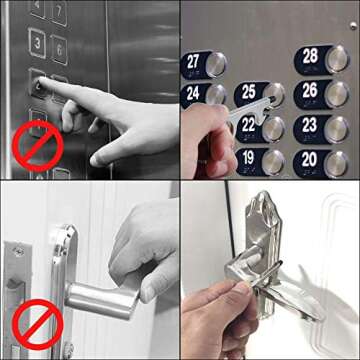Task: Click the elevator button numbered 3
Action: pyautogui.click(x=37, y=43)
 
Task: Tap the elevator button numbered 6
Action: pyautogui.click(x=60, y=48)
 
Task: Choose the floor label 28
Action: pyautogui.click(x=310, y=57)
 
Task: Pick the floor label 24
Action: pyautogui.click(x=192, y=95)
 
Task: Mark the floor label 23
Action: pyautogui.click(x=309, y=125)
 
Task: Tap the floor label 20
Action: pyautogui.click(x=309, y=159)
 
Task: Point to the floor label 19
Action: pyautogui.click(x=248, y=158)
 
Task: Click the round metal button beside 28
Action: pyautogui.click(x=338, y=59)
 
